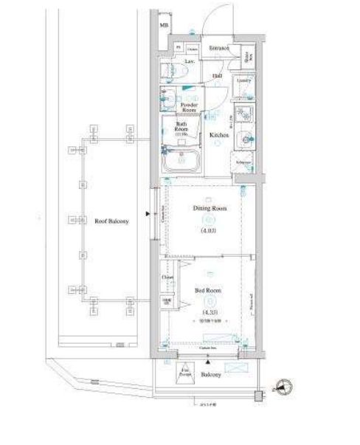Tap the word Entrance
(x=218, y=48)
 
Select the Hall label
(x=218, y=75)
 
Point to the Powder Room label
(x=189, y=108)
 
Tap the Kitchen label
(x=218, y=136)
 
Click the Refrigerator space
(x=243, y=162)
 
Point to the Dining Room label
(x=210, y=209)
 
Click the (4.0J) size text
(x=210, y=232)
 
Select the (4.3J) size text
(x=210, y=312)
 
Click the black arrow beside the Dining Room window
(x=149, y=215)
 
